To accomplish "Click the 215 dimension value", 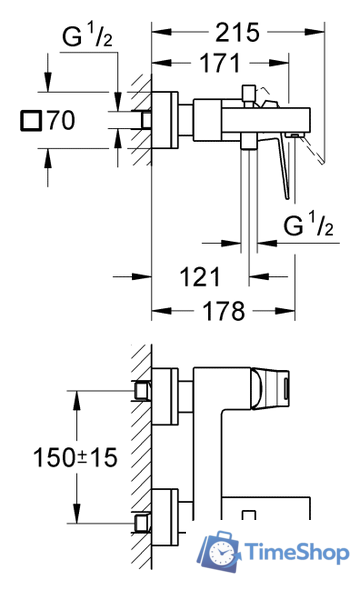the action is point(237,32).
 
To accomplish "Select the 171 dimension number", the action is point(220,63).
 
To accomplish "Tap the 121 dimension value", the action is point(200,277).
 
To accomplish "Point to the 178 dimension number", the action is point(224,311).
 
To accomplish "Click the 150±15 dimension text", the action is point(75,458).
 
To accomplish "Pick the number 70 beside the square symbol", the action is point(61,120).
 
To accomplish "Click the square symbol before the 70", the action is point(30,121).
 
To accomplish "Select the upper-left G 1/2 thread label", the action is point(87,35).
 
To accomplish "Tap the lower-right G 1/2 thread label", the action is point(308,224).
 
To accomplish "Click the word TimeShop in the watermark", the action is point(297,552).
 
